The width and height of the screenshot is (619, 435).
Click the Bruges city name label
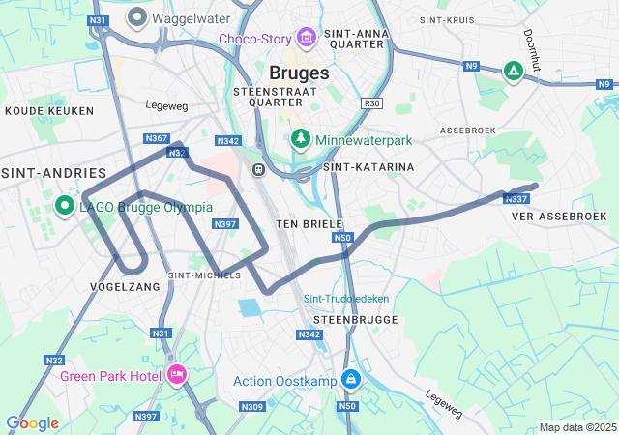pos(299,72)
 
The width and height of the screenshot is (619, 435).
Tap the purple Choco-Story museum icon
pos(307,39)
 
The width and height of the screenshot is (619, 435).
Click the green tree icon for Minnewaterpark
pos(301,140)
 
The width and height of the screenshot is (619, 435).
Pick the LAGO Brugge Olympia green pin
pos(66,206)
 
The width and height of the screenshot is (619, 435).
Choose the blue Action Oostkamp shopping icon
pos(351,380)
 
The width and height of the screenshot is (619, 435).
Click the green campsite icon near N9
pos(514,71)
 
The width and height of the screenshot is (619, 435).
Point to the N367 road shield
pos(157,139)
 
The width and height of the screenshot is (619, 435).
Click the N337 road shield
pos(516,199)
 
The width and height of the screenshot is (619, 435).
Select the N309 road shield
pos(252,407)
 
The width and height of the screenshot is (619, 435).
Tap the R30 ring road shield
pos(372,103)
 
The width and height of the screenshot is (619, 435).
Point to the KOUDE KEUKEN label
pos(42,111)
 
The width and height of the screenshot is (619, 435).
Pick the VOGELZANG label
pos(125,287)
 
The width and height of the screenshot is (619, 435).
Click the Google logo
pos(32,422)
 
